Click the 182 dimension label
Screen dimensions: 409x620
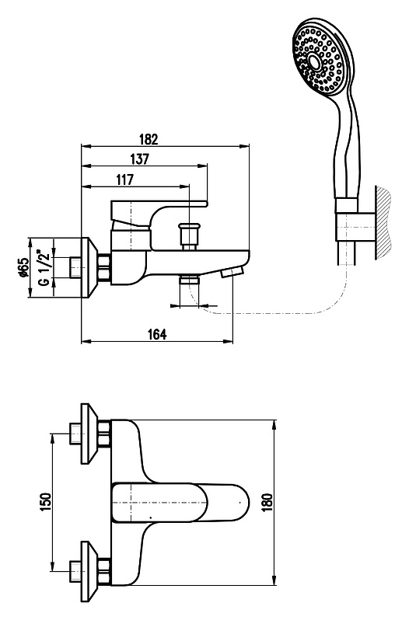click(x=149, y=140)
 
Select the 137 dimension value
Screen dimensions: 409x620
click(x=140, y=159)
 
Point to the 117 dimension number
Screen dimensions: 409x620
click(x=125, y=179)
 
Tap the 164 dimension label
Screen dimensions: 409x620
click(x=157, y=334)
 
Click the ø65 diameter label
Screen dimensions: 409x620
click(x=24, y=267)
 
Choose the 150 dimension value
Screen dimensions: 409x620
click(x=46, y=502)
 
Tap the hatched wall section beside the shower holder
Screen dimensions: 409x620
click(x=383, y=224)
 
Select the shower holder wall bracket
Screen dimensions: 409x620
click(x=355, y=227)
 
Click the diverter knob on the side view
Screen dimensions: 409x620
click(x=188, y=236)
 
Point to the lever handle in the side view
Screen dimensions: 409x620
click(x=159, y=214)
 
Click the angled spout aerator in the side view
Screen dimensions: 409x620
click(x=232, y=273)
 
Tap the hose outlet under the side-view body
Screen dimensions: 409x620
click(x=189, y=280)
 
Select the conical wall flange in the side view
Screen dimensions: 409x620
click(x=89, y=267)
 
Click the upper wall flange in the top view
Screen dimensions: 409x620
click(x=89, y=434)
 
